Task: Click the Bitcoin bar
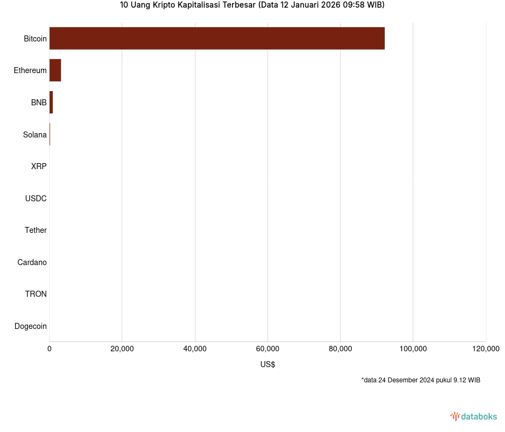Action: tap(217, 38)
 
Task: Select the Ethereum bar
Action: tap(55, 70)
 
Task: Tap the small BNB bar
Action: tap(51, 103)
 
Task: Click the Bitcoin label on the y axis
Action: tap(35, 39)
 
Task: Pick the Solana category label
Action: tap(35, 135)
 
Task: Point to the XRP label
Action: tap(39, 166)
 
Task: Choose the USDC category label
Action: tap(36, 199)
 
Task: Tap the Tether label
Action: tap(36, 230)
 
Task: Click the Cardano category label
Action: tap(32, 262)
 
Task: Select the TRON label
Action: tap(36, 294)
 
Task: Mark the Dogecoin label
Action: tap(31, 326)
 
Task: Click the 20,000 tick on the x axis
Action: tap(122, 349)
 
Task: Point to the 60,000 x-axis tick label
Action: tap(268, 349)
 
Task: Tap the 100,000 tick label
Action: tap(413, 349)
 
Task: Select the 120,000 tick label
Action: tap(485, 349)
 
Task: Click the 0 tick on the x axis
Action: tap(50, 349)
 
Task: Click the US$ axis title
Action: tap(268, 364)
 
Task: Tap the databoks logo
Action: tap(474, 417)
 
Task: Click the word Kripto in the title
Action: tap(163, 5)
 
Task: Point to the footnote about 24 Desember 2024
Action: tap(420, 380)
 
